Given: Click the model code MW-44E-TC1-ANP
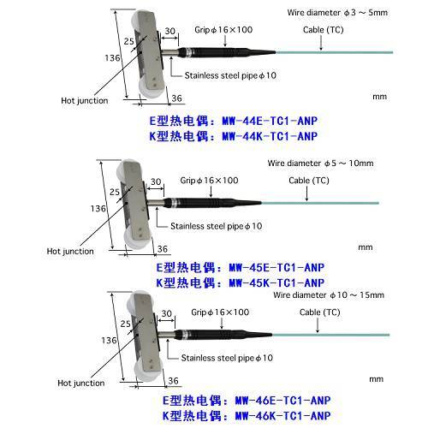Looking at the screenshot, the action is (x=270, y=121).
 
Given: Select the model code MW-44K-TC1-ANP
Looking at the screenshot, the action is (x=270, y=136).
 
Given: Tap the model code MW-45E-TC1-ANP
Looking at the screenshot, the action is (x=276, y=268).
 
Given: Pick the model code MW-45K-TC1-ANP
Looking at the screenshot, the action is (x=276, y=282).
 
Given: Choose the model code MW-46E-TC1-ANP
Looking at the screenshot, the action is (x=282, y=401).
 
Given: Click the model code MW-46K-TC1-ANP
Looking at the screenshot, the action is (x=282, y=416).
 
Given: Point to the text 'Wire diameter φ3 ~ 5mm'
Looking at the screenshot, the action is (x=337, y=13).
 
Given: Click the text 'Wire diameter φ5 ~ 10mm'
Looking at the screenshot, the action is (x=320, y=163).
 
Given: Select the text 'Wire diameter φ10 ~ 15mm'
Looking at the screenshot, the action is (x=329, y=295).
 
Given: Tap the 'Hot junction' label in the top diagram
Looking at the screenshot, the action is (x=85, y=101).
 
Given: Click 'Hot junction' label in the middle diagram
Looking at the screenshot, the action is (x=70, y=252).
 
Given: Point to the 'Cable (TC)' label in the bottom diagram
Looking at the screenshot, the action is (x=320, y=312).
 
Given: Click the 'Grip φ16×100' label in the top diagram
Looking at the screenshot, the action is (x=223, y=30).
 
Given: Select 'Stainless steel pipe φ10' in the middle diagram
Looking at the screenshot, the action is (x=217, y=226).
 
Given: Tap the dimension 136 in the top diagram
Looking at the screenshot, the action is (x=112, y=58).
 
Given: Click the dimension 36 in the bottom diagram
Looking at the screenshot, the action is (x=173, y=381).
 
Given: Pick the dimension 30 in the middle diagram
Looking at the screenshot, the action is (x=156, y=181).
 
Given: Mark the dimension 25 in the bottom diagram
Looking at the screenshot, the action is (x=125, y=324).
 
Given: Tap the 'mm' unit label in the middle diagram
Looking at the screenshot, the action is (x=366, y=247).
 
